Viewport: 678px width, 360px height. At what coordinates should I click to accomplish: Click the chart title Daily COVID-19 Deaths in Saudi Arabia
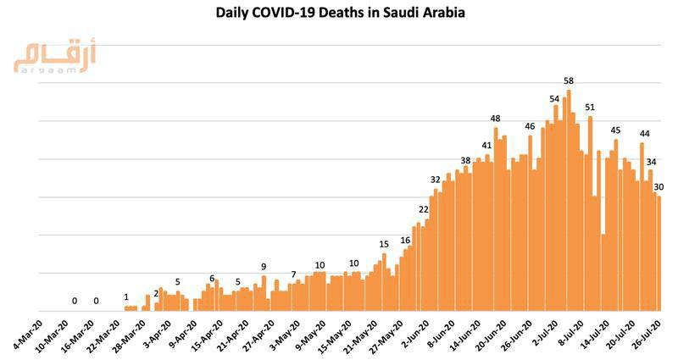pyautogui.click(x=339, y=14)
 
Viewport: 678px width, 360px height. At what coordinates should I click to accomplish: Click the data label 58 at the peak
pyautogui.click(x=569, y=80)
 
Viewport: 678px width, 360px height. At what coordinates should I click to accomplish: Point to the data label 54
pyautogui.click(x=555, y=98)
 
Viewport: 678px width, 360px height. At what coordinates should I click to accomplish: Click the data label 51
pyautogui.click(x=590, y=108)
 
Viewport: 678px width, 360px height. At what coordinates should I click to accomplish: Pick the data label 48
pyautogui.click(x=496, y=119)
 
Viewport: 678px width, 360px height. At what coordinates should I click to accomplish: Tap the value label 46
pyautogui.click(x=530, y=127)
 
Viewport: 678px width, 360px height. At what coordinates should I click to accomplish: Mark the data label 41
pyautogui.click(x=487, y=146)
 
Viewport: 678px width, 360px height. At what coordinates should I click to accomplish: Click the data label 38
pyautogui.click(x=466, y=161)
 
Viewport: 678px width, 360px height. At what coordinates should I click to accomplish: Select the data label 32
pyautogui.click(x=436, y=180)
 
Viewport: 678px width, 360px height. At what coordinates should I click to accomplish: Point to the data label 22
pyautogui.click(x=424, y=209)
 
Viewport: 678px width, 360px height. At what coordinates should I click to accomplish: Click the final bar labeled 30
pyautogui.click(x=659, y=254)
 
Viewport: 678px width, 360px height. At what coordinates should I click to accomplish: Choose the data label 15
pyautogui.click(x=384, y=244)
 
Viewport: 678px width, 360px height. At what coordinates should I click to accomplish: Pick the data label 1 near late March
pyautogui.click(x=126, y=297)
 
